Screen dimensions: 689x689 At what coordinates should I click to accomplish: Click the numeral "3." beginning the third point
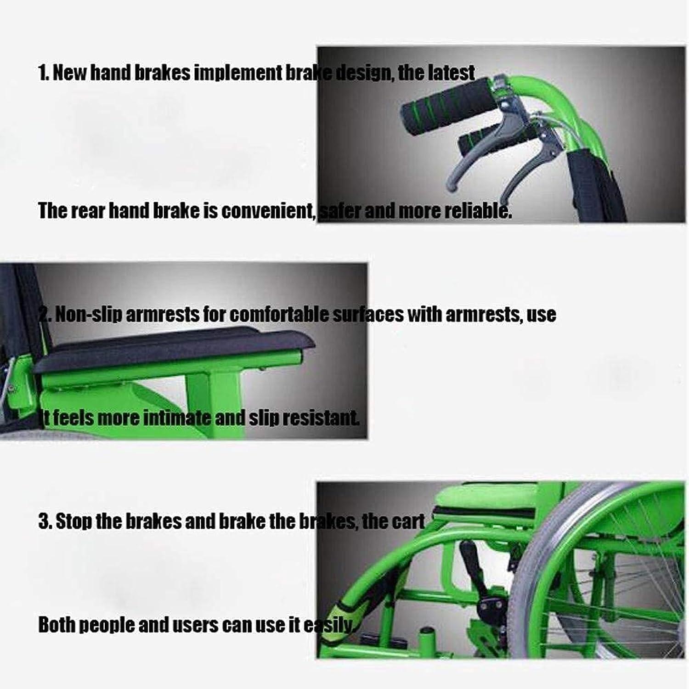coord(45,522)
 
